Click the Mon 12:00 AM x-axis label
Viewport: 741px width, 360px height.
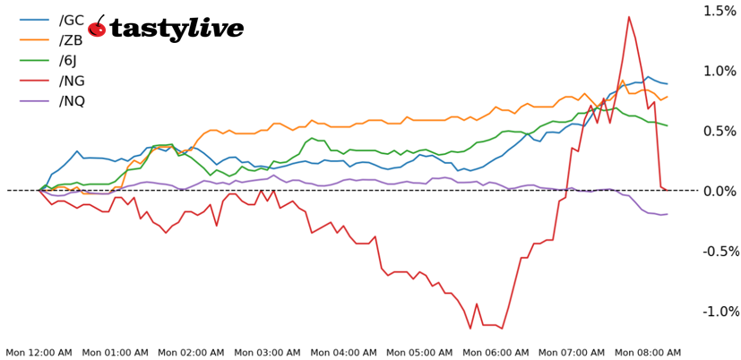click(39, 353)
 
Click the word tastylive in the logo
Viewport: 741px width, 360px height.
click(165, 29)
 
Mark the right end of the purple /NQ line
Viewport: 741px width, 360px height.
click(668, 214)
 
